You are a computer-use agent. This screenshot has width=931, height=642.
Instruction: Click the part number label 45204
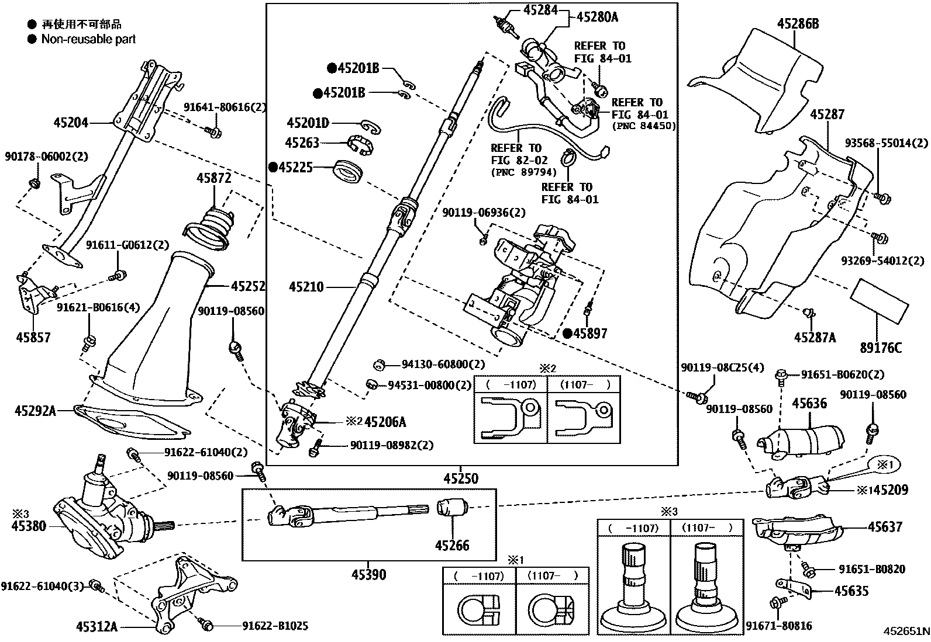(71, 123)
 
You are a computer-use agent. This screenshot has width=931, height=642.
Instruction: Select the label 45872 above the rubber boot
(213, 178)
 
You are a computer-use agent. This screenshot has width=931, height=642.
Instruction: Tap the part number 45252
(247, 286)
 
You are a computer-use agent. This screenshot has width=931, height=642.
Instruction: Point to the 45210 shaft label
(306, 287)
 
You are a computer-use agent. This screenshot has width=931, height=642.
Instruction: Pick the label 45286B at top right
(798, 24)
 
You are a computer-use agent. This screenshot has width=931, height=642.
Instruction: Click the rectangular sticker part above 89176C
(878, 300)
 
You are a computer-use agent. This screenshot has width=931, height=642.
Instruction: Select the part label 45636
(809, 403)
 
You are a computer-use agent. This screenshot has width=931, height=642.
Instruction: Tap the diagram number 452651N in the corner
(906, 631)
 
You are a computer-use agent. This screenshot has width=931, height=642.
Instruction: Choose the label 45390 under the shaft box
(368, 575)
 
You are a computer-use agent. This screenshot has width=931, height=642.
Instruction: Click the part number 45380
(29, 526)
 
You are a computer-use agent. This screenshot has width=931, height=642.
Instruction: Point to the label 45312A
(96, 627)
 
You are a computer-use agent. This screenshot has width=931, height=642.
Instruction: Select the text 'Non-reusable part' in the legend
(88, 39)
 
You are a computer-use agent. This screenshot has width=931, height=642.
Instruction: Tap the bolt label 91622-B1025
(275, 626)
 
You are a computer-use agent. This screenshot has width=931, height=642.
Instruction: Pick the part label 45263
(302, 143)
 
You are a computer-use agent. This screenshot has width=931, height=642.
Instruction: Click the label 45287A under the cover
(815, 337)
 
